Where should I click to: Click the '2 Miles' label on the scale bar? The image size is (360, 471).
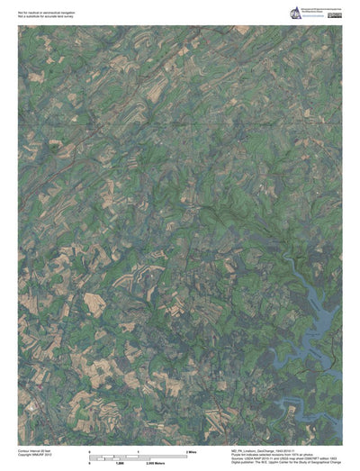[x=192, y=449]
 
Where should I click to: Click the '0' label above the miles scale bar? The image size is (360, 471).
[x=88, y=449]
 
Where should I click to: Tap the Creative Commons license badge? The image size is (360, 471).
[x=334, y=15]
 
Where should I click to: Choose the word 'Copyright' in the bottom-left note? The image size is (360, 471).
[x=25, y=454]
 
